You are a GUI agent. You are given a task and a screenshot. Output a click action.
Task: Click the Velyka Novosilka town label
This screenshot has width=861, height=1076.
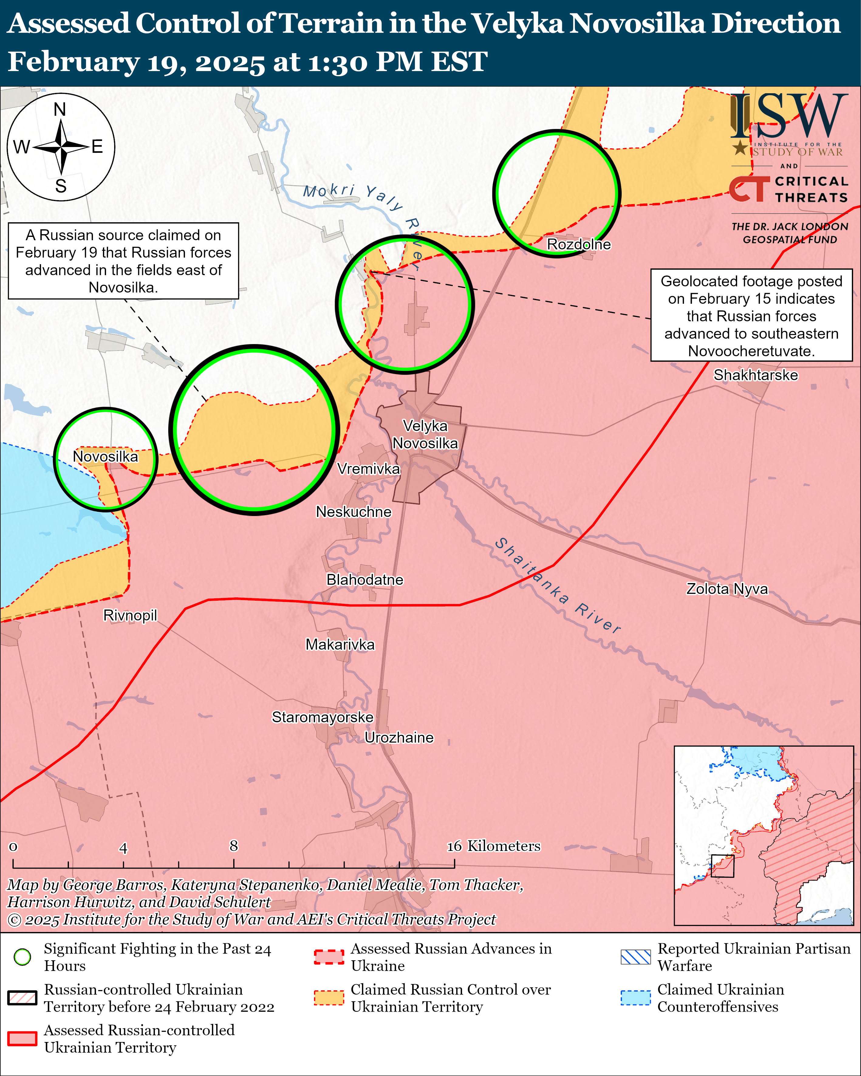tap(425, 435)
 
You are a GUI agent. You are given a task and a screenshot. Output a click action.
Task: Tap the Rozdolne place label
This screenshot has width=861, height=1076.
tap(579, 244)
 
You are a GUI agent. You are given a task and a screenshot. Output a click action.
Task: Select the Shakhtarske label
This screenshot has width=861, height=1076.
tap(755, 375)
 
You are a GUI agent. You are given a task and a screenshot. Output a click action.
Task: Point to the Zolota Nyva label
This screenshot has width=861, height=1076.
tap(727, 589)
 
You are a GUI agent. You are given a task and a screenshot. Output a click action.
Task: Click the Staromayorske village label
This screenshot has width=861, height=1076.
tap(323, 717)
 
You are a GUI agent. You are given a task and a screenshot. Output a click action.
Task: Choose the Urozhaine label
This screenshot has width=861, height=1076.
tap(399, 738)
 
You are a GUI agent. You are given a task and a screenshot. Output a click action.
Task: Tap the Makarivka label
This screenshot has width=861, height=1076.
tap(340, 645)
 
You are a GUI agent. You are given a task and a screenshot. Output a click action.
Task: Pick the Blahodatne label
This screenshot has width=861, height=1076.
tap(364, 580)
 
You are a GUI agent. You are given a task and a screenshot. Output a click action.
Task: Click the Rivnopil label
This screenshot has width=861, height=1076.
tap(130, 615)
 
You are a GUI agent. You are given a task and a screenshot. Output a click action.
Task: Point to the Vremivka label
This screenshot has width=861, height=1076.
tap(368, 469)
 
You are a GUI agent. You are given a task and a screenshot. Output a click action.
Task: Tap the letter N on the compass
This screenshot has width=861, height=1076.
tap(60, 109)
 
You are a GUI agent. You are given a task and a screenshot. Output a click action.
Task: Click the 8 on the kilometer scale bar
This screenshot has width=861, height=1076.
tap(234, 845)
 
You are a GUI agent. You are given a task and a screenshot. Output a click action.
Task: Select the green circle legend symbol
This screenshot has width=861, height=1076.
tap(22, 957)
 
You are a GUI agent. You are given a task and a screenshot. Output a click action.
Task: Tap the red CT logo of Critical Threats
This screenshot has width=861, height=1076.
tap(749, 189)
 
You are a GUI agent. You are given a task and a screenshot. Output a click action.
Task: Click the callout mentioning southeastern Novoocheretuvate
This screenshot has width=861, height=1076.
tap(751, 316)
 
